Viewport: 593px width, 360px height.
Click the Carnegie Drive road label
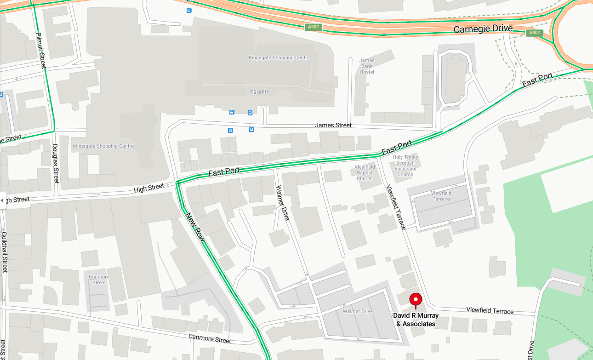pyautogui.click(x=483, y=29)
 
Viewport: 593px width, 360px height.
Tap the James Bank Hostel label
pyautogui.click(x=366, y=66)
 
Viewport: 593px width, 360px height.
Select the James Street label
pyautogui.click(x=333, y=125)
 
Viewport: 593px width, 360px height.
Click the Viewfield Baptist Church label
pyautogui.click(x=365, y=172)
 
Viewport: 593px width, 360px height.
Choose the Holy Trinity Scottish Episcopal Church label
pyautogui.click(x=405, y=166)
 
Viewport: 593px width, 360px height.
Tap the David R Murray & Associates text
pyautogui.click(x=416, y=320)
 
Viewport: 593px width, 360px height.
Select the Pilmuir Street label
pyautogui.click(x=41, y=51)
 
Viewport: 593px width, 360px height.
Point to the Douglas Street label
pyautogui.click(x=55, y=164)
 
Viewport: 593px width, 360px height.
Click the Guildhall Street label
pyautogui.click(x=5, y=252)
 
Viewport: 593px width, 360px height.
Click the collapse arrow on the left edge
pyautogui.click(x=2, y=200)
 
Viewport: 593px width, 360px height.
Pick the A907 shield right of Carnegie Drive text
pyautogui.click(x=535, y=33)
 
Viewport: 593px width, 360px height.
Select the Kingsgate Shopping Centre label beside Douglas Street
pyautogui.click(x=103, y=146)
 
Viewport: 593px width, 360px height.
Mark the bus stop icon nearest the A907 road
pyautogui.click(x=189, y=10)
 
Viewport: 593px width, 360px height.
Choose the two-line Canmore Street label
pyautogui.click(x=99, y=280)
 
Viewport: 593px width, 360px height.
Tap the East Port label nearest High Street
pyautogui.click(x=224, y=172)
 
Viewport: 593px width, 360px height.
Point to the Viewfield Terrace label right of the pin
pyautogui.click(x=490, y=311)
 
